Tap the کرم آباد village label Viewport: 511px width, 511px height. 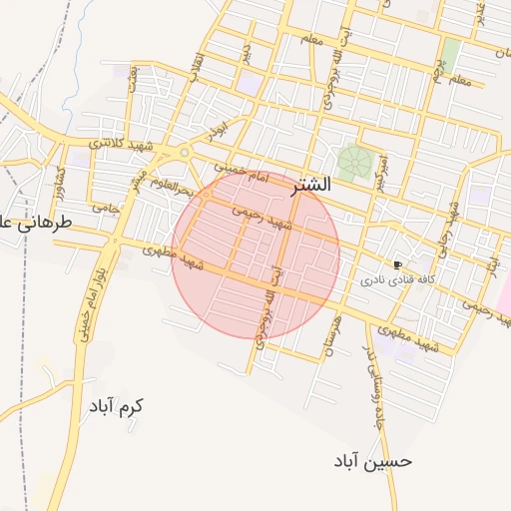(116, 407)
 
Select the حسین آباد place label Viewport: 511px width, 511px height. (373, 462)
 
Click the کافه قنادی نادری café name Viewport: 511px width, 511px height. (394, 281)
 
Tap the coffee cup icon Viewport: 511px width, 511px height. (399, 265)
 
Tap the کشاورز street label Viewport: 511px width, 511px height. (61, 180)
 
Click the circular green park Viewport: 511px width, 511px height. (351, 159)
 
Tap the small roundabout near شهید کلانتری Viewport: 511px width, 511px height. (184, 153)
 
